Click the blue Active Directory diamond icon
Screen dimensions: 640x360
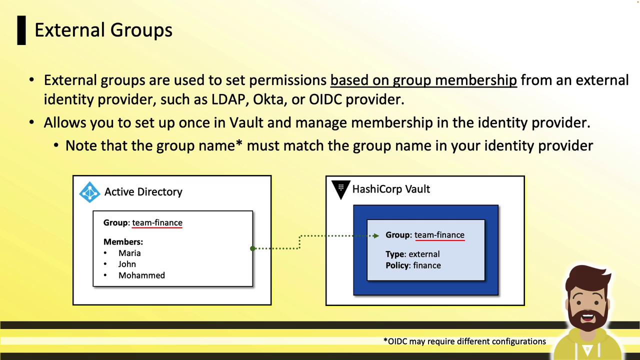point(89,192)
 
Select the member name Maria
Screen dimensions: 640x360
point(129,253)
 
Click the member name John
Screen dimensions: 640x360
point(127,264)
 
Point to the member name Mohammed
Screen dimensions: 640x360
point(141,275)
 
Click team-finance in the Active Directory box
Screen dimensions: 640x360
point(157,222)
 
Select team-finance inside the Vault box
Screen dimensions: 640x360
point(439,235)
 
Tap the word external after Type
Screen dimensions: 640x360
point(424,254)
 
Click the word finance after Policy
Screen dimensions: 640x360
point(427,265)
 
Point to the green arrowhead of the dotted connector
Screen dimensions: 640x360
point(376,235)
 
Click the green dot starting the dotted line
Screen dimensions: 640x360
point(252,248)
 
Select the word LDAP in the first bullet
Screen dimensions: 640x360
point(228,99)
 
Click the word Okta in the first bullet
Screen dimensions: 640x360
point(268,99)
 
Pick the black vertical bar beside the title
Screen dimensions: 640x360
point(21,30)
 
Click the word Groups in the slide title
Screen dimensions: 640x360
point(141,30)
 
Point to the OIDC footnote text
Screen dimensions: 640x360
point(464,341)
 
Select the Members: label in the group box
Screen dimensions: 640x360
point(123,241)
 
